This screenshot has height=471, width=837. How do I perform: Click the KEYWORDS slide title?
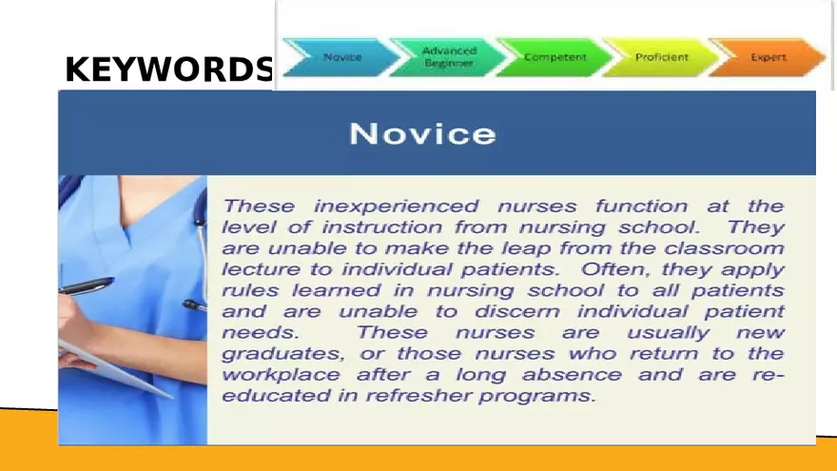pyautogui.click(x=168, y=69)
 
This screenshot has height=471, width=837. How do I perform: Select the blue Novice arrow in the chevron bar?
pyautogui.click(x=341, y=57)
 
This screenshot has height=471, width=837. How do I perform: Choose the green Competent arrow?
pyautogui.click(x=554, y=57)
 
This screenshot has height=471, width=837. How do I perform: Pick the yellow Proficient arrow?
pyautogui.click(x=661, y=57)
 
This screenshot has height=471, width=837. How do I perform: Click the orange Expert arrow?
pyautogui.click(x=768, y=57)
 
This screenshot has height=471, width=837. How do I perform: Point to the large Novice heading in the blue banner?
pyautogui.click(x=422, y=133)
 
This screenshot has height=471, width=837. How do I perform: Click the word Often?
pyautogui.click(x=607, y=269)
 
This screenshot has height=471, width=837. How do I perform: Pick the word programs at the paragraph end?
pyautogui.click(x=549, y=396)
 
